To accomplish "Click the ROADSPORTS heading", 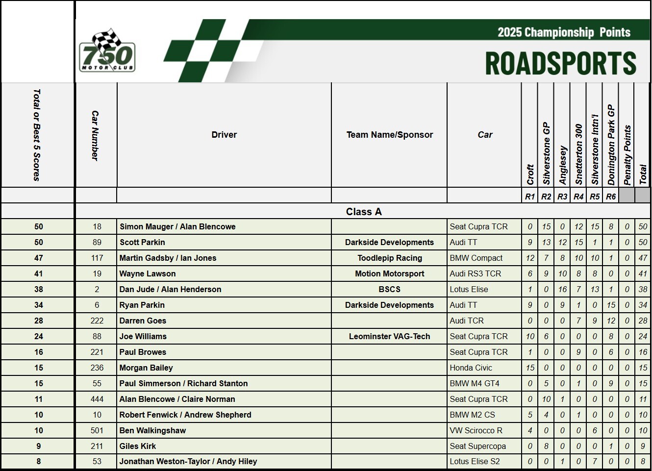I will pos(560,63).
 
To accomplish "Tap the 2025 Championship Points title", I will pos(564,32).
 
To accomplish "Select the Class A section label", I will pos(363,212).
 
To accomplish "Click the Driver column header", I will pos(224,135).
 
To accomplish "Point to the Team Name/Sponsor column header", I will pos(390,135).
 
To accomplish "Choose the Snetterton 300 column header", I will pos(578,154).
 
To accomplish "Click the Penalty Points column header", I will pos(627,155).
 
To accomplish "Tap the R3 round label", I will pos(562,197).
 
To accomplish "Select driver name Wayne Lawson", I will pos(148,273).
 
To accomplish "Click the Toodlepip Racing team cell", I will pos(390,258).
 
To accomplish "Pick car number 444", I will pos(97,399).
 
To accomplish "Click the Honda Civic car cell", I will pos(471,368).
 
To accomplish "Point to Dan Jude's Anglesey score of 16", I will pos(562,289).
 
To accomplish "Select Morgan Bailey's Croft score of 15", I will pos(530,368).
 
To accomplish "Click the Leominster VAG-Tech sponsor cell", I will pos(389,336).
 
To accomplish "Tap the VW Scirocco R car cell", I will pos(476,430).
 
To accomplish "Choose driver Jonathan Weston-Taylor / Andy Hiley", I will pos(188,461).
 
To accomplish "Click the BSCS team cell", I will pos(390,289).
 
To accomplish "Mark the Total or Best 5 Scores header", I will pos(37,135).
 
